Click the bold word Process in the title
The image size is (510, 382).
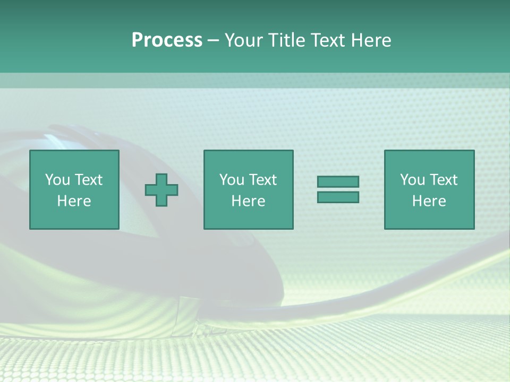point(167,40)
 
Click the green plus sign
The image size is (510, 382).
point(161,190)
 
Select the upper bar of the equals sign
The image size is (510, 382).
point(338,181)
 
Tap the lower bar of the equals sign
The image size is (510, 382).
point(338,197)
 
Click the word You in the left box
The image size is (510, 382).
point(57,180)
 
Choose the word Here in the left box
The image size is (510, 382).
point(74,201)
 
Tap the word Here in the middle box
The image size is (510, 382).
point(248,201)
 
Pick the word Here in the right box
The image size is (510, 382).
point(429,201)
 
